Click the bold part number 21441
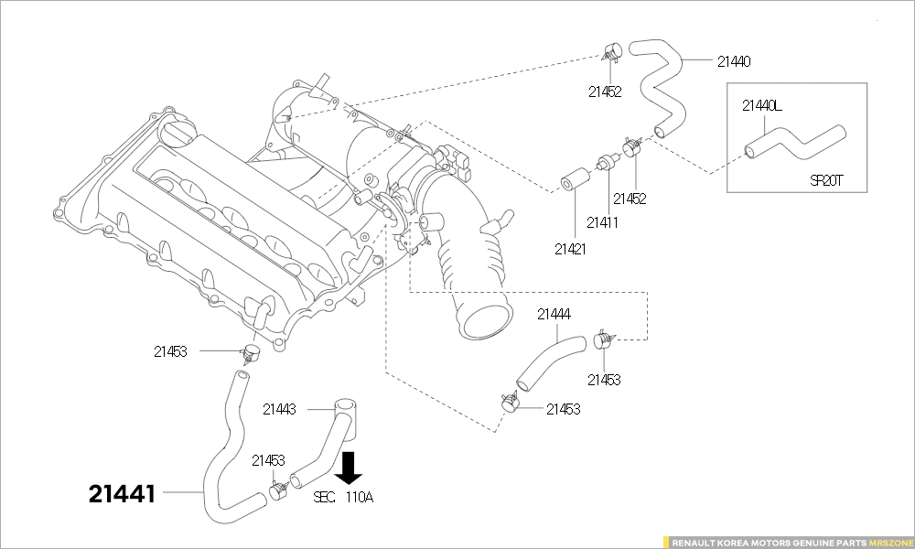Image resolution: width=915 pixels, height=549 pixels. pyautogui.click(x=122, y=494)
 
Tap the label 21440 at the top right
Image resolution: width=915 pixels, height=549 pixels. pyautogui.click(x=734, y=61)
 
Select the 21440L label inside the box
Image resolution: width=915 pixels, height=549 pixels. pyautogui.click(x=761, y=105)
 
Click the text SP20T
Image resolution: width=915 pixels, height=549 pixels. pyautogui.click(x=825, y=180)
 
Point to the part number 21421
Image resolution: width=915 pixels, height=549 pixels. pyautogui.click(x=570, y=248)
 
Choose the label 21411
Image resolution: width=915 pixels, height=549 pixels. pyautogui.click(x=602, y=222)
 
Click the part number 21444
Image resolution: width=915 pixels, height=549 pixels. pyautogui.click(x=554, y=314)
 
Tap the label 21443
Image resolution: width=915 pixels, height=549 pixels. pyautogui.click(x=279, y=409)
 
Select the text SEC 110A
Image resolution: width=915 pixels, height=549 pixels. pyautogui.click(x=344, y=498)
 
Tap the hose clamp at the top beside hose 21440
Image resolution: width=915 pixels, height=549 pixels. pyautogui.click(x=610, y=51)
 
